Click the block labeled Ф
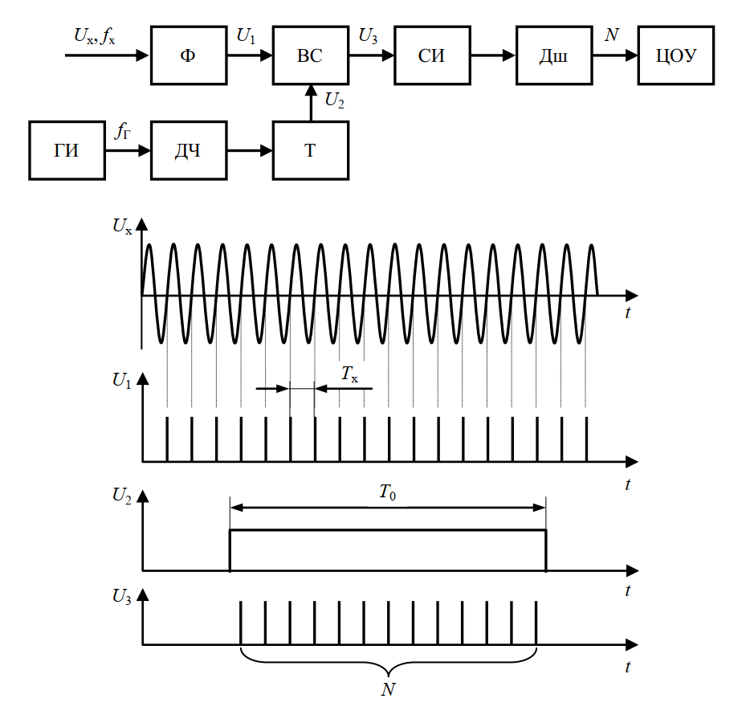(189, 55)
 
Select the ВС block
(311, 55)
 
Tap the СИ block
(432, 55)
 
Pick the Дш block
(554, 55)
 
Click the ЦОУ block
(676, 55)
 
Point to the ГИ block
(67, 150)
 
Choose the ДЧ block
(189, 150)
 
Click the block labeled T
(311, 150)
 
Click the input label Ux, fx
(95, 35)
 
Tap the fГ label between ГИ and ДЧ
(123, 132)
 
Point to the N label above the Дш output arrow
(612, 35)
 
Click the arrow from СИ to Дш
(493, 55)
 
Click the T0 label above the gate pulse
(388, 492)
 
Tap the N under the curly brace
(389, 689)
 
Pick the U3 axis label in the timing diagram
(122, 597)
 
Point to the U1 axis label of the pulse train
(122, 381)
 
